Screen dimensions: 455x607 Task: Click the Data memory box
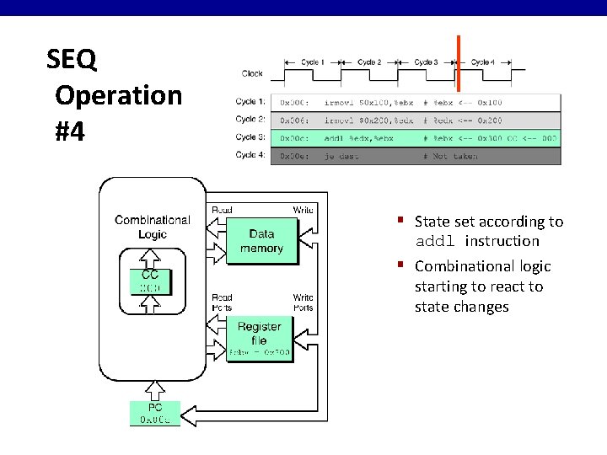pos(261,241)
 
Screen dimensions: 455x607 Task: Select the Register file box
pos(260,339)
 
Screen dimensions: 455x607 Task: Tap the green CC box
pos(150,281)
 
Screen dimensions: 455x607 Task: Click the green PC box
pos(154,413)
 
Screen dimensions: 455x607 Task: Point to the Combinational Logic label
pos(153,227)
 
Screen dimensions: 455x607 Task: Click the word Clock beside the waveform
pos(252,73)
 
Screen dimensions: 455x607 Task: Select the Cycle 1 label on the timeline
pos(313,62)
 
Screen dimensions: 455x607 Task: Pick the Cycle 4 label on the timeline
pos(481,62)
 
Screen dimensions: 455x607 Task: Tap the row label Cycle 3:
pos(250,137)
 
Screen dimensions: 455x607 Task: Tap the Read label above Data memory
pos(222,210)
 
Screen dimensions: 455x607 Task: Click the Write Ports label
pos(303,302)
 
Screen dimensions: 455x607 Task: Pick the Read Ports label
pos(222,302)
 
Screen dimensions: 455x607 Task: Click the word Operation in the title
pos(119,95)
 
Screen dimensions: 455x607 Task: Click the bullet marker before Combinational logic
pos(403,266)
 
